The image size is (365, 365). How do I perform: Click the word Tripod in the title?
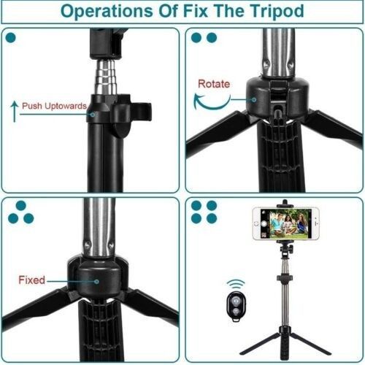click(x=277, y=12)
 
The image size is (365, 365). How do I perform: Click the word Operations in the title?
click(x=107, y=12)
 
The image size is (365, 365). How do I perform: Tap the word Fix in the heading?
click(x=196, y=11)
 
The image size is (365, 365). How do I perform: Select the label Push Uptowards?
click(x=54, y=106)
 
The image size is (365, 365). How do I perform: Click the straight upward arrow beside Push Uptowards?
click(x=15, y=111)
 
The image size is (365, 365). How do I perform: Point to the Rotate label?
click(x=214, y=84)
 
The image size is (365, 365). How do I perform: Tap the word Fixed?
click(x=31, y=280)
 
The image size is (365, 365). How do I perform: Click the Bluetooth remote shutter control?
click(x=236, y=305)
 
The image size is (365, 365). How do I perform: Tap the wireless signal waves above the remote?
click(x=236, y=284)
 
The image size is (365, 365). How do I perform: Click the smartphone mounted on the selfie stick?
click(x=286, y=223)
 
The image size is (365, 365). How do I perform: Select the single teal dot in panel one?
click(x=10, y=38)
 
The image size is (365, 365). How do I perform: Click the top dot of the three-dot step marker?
click(x=21, y=206)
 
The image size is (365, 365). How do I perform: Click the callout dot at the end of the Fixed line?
click(x=96, y=282)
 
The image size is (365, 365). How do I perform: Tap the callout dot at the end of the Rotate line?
click(x=254, y=99)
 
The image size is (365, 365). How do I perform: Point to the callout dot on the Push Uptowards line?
click(x=93, y=115)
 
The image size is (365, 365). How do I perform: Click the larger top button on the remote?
click(x=236, y=300)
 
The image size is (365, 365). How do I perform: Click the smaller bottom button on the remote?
click(x=236, y=311)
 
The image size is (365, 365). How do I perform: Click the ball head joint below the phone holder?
click(x=285, y=250)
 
